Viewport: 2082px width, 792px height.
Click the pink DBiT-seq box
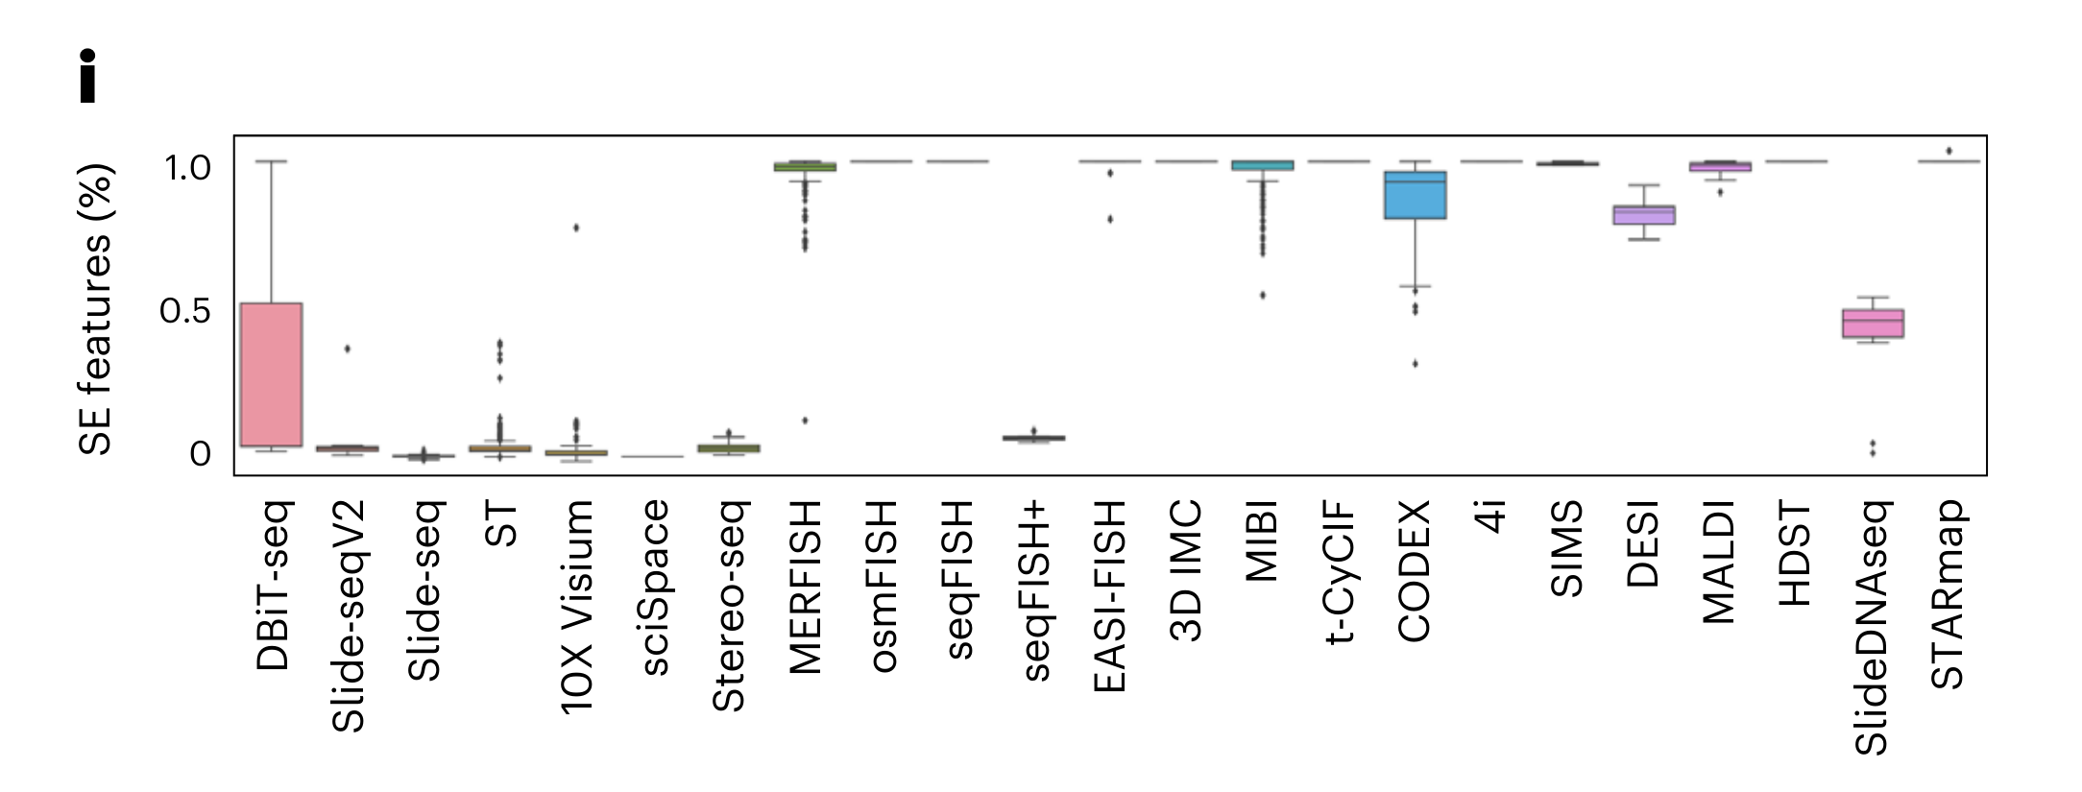(272, 374)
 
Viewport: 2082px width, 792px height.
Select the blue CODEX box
(1415, 196)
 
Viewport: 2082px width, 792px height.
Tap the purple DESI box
(1644, 215)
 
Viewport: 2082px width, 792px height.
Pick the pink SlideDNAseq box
(1873, 324)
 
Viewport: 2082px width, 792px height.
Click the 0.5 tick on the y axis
(184, 311)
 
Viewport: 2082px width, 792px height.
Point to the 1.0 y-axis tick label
(187, 168)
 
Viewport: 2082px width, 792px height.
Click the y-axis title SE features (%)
(96, 309)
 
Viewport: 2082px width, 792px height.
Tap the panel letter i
(88, 76)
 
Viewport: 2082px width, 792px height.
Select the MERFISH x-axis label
(805, 587)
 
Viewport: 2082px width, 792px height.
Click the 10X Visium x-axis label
(576, 607)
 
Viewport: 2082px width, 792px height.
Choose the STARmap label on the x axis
(1948, 594)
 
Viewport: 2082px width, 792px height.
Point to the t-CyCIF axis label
(1338, 571)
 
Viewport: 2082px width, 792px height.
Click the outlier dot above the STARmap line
(1949, 151)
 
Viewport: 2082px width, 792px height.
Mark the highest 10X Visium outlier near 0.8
(576, 228)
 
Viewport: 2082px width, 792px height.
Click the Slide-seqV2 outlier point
(348, 348)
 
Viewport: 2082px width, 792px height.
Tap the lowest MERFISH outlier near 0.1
(805, 420)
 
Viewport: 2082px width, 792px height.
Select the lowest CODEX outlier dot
(1415, 364)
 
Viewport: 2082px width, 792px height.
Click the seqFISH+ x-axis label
(1035, 590)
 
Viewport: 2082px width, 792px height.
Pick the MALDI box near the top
(1720, 167)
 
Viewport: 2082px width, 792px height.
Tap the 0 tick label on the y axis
(200, 454)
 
